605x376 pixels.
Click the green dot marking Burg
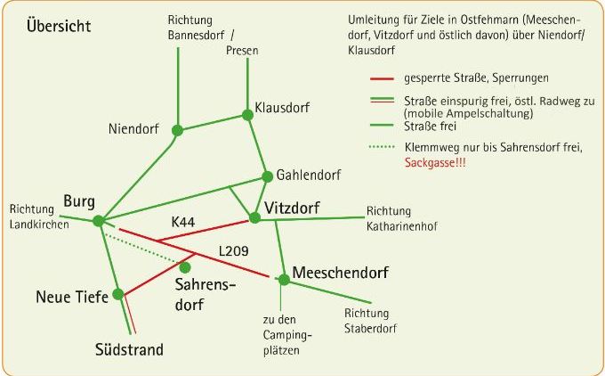[99, 221]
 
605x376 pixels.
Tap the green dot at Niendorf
[177, 130]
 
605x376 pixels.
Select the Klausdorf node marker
[247, 115]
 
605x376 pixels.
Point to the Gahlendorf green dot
[267, 176]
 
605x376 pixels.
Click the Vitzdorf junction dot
[254, 217]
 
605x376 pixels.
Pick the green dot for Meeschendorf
[284, 280]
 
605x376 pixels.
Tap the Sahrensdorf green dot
[185, 267]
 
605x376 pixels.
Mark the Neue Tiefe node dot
[118, 294]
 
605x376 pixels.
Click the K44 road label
[183, 222]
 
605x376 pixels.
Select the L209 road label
[233, 251]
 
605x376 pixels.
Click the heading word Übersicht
[59, 26]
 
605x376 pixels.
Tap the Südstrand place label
[129, 349]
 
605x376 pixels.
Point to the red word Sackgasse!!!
[435, 162]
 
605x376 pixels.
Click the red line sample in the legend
[382, 78]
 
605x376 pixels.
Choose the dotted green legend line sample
[382, 147]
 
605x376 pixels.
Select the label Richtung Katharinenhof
[401, 218]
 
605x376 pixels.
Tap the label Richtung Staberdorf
[370, 321]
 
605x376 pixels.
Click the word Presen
[242, 50]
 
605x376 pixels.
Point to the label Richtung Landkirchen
[39, 217]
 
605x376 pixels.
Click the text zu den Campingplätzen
[287, 335]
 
